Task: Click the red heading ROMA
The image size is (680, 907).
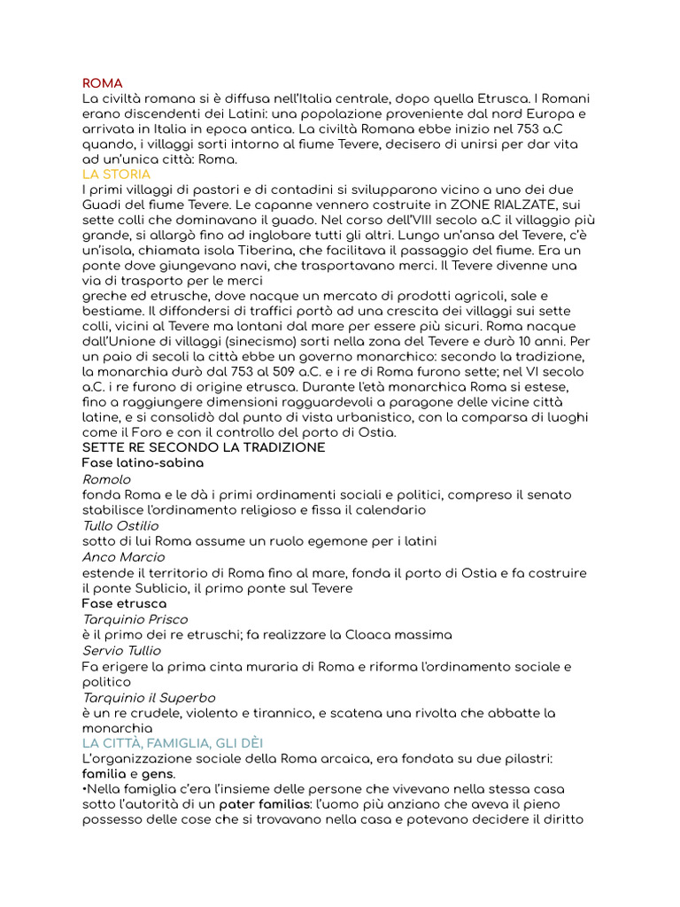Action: [102, 83]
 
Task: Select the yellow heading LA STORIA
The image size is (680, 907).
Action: [116, 174]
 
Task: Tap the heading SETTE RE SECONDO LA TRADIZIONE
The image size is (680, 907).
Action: [204, 447]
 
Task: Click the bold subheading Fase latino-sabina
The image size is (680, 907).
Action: [143, 463]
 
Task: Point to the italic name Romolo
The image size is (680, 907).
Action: [106, 479]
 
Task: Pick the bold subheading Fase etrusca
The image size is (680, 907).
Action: [124, 603]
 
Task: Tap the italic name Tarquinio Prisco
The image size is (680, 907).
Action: [135, 619]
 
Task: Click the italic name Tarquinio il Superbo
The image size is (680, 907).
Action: [149, 698]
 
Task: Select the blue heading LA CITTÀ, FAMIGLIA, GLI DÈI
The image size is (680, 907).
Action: [173, 742]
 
